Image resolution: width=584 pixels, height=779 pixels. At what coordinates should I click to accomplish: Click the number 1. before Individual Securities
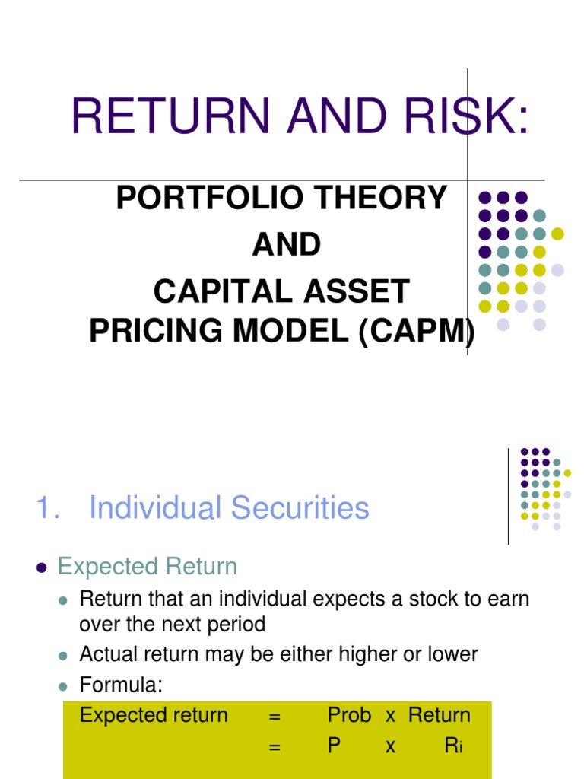click(x=49, y=508)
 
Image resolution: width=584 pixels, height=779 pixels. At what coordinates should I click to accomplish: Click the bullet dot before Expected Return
click(x=42, y=568)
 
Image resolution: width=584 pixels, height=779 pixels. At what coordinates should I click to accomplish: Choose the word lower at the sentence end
click(x=449, y=654)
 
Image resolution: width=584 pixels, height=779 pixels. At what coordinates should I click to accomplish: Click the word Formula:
click(x=121, y=685)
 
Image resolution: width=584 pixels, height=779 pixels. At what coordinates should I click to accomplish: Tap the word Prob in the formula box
click(x=349, y=715)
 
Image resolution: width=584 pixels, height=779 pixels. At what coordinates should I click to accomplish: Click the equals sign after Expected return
click(x=275, y=716)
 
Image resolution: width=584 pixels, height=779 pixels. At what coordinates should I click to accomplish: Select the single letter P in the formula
click(x=334, y=746)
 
